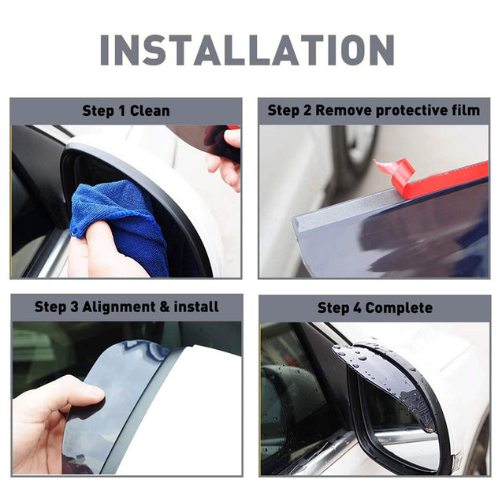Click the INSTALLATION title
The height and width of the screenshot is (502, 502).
247,50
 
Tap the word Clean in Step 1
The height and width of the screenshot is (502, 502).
151,111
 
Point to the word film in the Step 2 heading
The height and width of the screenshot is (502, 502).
464,111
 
